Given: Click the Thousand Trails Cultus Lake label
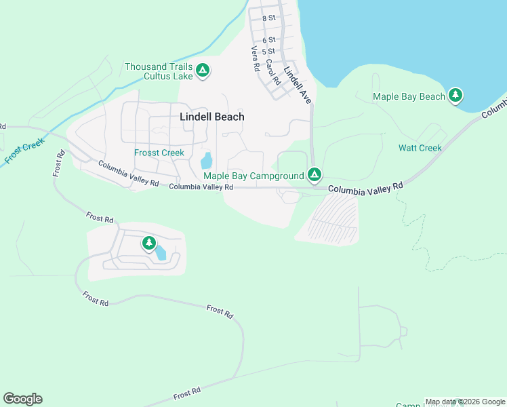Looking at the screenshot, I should click(x=159, y=71).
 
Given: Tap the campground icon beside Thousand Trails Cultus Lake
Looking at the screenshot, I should click(x=202, y=70).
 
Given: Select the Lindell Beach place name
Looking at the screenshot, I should click(x=212, y=117).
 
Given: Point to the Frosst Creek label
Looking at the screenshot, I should click(x=159, y=153).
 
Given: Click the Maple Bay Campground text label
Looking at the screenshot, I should click(x=254, y=176).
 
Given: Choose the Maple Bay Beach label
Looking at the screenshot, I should click(x=409, y=96).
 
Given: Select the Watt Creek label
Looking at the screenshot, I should click(x=420, y=148).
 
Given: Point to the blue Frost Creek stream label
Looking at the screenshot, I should click(x=23, y=151).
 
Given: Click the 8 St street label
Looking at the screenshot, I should click(x=269, y=18).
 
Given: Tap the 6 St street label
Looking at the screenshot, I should click(x=269, y=41).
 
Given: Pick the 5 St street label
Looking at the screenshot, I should click(x=269, y=52).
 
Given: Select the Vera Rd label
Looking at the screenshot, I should click(x=256, y=59).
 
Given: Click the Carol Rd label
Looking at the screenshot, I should click(x=272, y=71).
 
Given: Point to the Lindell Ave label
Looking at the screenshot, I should click(x=298, y=84).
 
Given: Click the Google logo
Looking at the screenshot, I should click(x=22, y=399).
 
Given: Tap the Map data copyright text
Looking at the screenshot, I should click(x=464, y=402).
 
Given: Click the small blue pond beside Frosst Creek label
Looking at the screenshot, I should click(x=206, y=161).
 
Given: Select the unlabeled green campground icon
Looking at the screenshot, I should click(x=148, y=243).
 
